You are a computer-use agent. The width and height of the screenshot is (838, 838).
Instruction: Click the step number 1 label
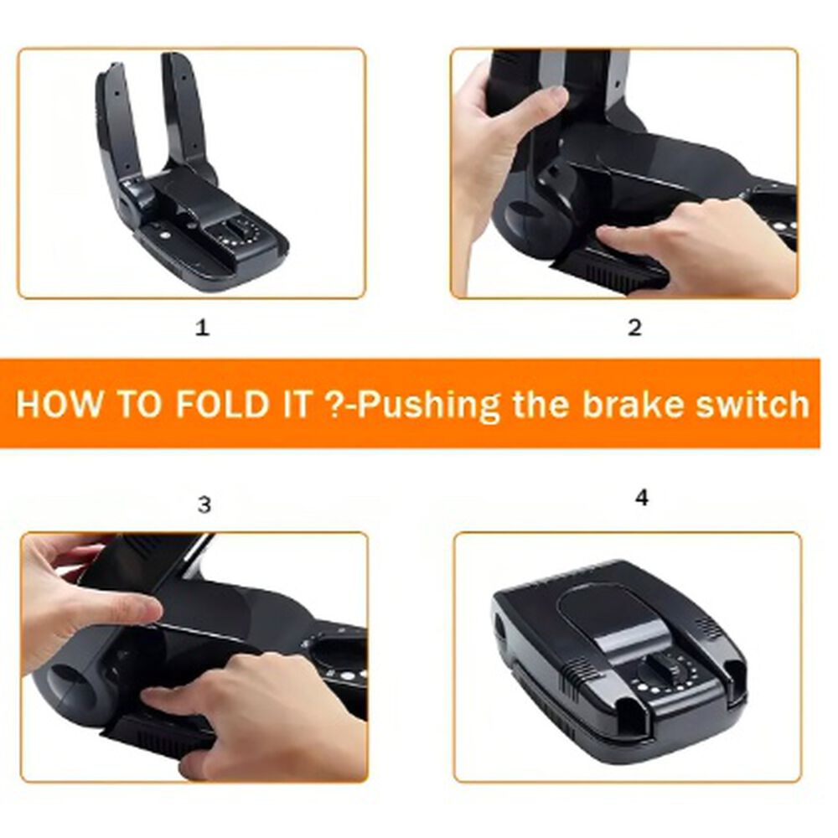click(202, 327)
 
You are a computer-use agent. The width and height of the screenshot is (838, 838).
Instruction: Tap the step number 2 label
click(634, 327)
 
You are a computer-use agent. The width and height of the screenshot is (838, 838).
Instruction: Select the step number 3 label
click(204, 504)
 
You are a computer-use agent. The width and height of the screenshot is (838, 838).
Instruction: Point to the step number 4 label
click(642, 498)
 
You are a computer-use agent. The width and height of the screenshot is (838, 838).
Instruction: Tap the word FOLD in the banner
click(221, 404)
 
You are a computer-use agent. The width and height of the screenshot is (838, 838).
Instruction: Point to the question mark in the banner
click(333, 404)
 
